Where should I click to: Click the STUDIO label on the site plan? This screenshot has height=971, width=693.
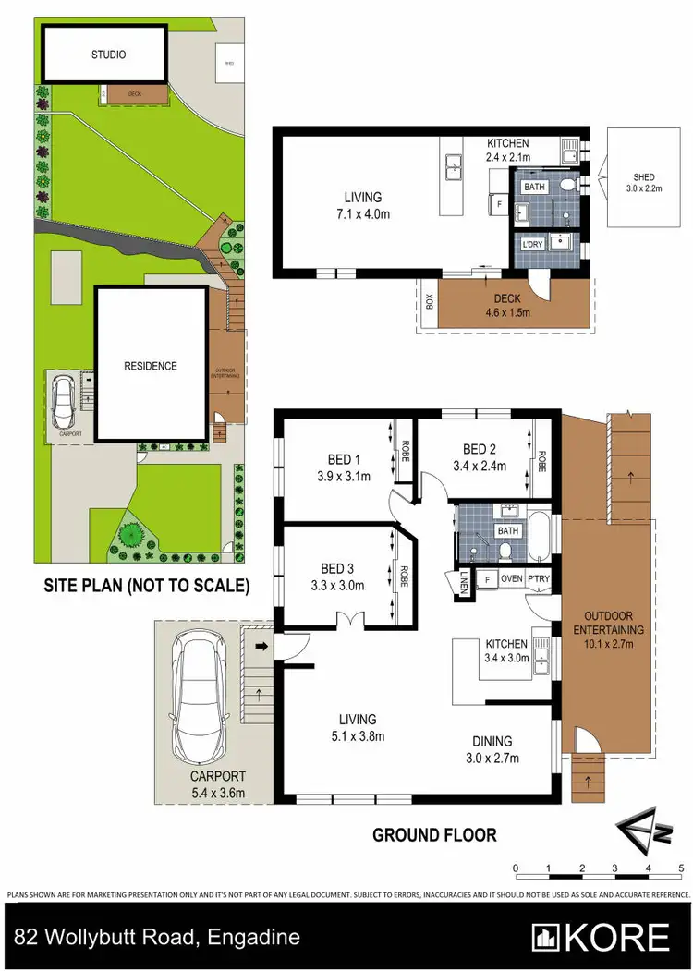(x=108, y=55)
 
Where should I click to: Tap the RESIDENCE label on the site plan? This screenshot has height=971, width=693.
(x=151, y=366)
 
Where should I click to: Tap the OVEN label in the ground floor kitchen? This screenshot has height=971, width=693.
(x=511, y=579)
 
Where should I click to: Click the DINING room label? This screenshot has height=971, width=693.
(x=492, y=741)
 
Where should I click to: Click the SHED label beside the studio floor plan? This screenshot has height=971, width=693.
(x=643, y=176)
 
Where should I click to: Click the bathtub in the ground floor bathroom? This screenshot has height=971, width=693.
(x=540, y=535)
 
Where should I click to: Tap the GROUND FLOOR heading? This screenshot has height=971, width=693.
(x=434, y=835)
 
